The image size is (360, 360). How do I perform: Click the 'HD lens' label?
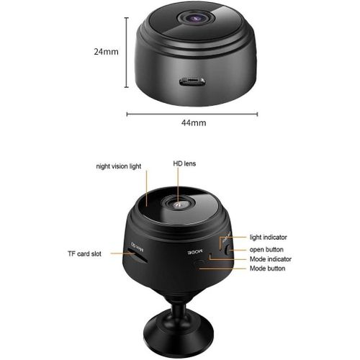(184, 164)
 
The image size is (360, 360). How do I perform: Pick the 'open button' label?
(267, 249)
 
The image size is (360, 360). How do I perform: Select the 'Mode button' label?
(266, 269)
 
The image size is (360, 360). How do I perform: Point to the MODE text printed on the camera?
(195, 252)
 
